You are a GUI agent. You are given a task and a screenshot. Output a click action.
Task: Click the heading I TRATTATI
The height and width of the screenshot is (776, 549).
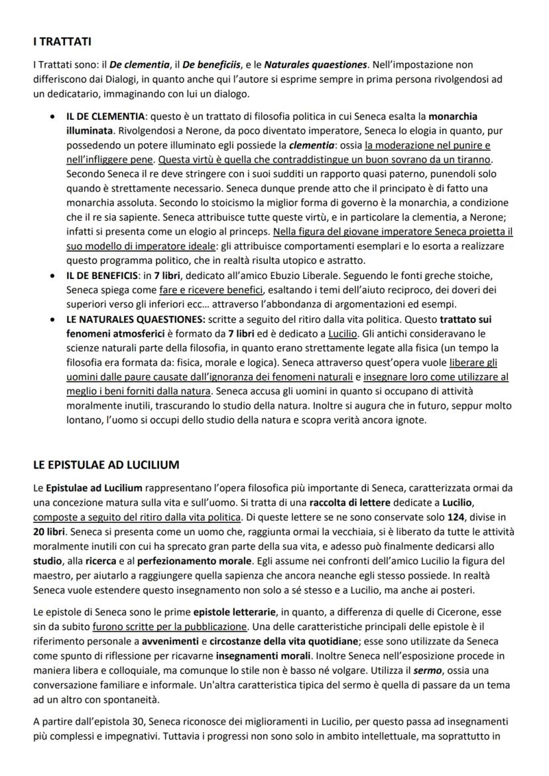point(62,42)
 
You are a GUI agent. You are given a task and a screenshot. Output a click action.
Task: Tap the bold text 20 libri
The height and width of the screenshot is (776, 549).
point(51,531)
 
